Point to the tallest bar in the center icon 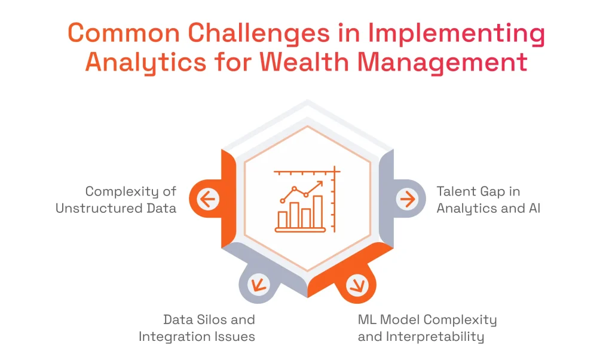[318, 212]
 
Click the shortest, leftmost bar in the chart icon [283, 219]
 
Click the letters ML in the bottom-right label [367, 319]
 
